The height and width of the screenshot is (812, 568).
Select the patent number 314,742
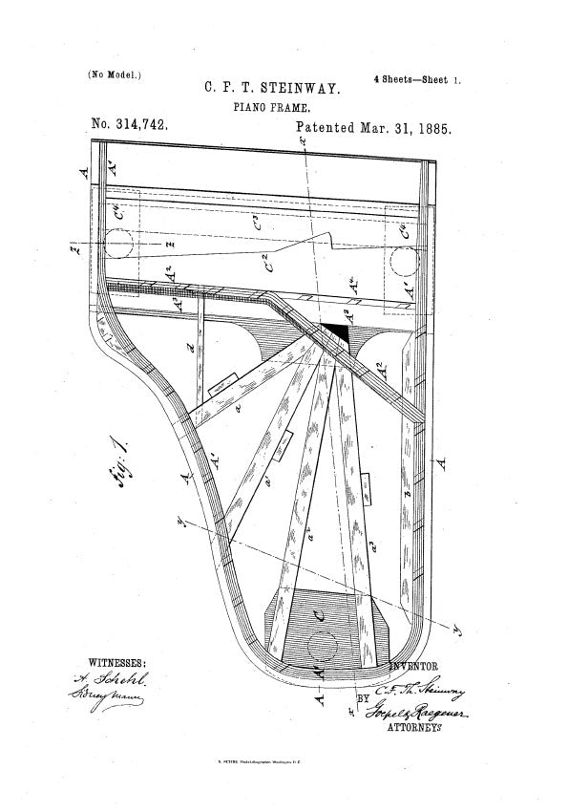point(129,126)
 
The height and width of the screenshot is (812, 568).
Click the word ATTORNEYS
point(414,728)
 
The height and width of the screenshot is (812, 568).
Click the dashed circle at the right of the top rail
point(405,258)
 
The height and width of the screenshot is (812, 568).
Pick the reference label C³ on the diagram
point(257,225)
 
